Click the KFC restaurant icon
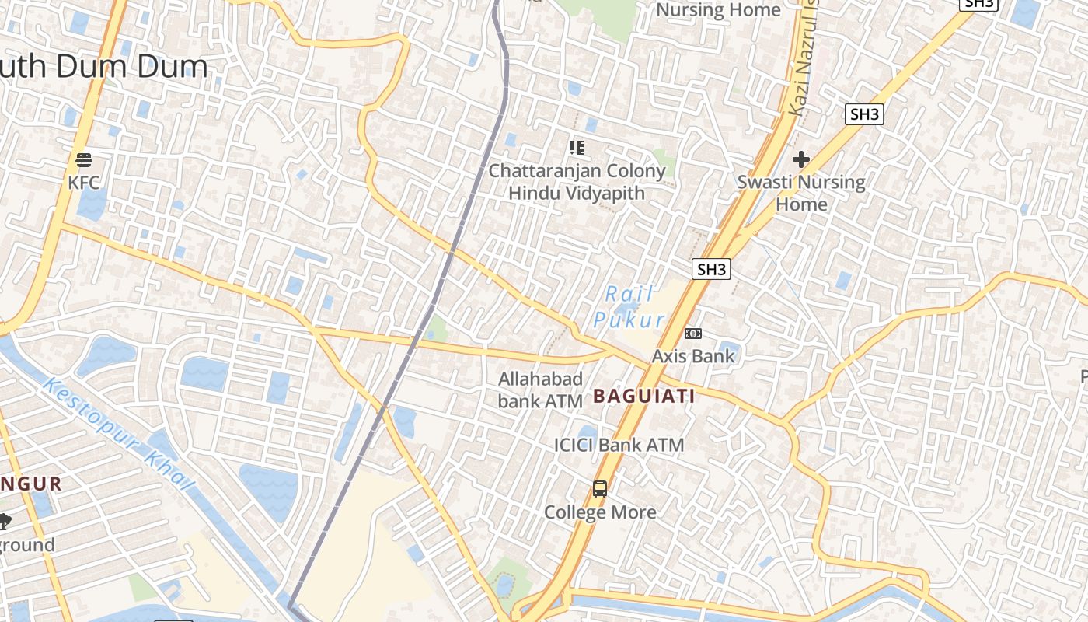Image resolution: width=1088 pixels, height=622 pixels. [84, 160]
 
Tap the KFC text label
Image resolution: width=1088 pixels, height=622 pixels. [84, 183]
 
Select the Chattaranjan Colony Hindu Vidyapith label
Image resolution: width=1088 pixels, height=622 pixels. [577, 182]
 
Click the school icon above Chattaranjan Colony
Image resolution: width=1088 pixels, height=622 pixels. [576, 147]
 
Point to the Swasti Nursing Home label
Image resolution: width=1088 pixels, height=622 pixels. [801, 193]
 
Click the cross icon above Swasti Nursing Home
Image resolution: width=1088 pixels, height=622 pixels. [801, 159]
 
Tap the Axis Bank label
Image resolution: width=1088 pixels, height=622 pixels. [693, 356]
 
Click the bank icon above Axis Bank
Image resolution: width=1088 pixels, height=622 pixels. [693, 334]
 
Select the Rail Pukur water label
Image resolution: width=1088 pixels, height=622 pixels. [629, 307]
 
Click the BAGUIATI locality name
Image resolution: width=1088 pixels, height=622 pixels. [643, 396]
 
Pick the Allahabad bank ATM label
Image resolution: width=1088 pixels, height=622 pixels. [540, 390]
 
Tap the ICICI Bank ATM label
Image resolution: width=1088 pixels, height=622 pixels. [619, 445]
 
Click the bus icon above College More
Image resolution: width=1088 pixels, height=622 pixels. [600, 489]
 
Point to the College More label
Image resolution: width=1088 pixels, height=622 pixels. [600, 512]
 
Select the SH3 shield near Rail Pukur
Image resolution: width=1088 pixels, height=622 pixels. [711, 270]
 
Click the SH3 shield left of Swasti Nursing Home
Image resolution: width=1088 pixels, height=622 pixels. [864, 115]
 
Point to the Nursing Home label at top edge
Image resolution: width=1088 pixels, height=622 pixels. [718, 10]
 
